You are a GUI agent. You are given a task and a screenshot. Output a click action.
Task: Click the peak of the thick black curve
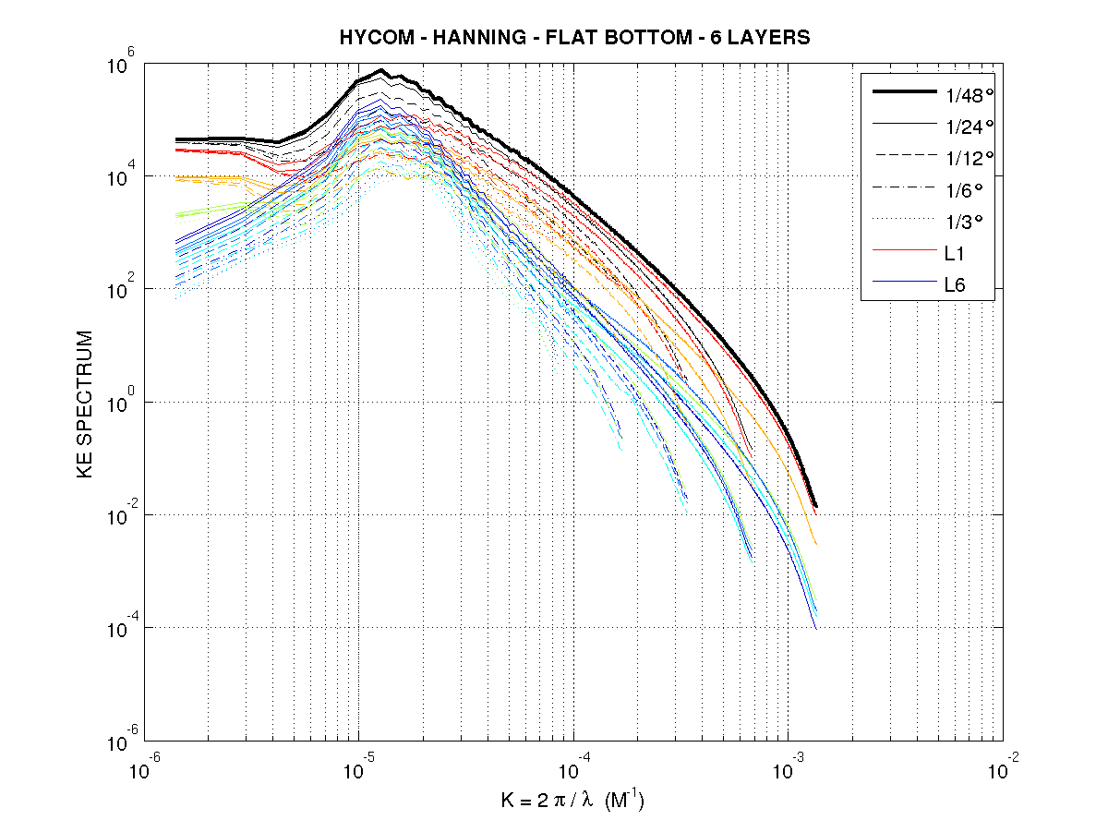click(380, 70)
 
